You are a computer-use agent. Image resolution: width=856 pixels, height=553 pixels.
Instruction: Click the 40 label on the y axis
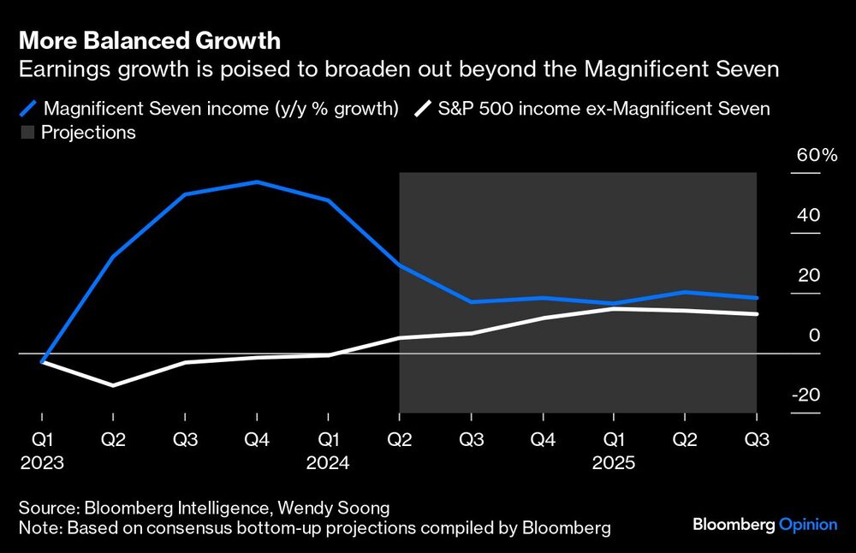point(810,215)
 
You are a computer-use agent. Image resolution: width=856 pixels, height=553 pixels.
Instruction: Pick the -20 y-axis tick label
point(805,395)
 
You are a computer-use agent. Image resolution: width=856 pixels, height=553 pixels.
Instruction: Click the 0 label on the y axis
point(815,335)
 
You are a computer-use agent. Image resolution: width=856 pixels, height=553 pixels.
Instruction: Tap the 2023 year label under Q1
point(42,462)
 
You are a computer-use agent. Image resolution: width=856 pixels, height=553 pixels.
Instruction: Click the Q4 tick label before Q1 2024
point(257,439)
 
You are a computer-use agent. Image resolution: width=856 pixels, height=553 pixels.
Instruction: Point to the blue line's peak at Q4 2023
point(257,182)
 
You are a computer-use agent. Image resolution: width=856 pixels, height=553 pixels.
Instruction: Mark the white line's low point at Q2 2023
point(114,385)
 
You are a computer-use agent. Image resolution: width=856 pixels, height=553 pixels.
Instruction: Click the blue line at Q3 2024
point(471,301)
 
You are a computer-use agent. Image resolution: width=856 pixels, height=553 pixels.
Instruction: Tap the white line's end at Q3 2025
point(756,314)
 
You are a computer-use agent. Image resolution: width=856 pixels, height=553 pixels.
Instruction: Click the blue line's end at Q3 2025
point(756,298)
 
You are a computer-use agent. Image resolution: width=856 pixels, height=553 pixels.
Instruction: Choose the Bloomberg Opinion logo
point(764,524)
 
